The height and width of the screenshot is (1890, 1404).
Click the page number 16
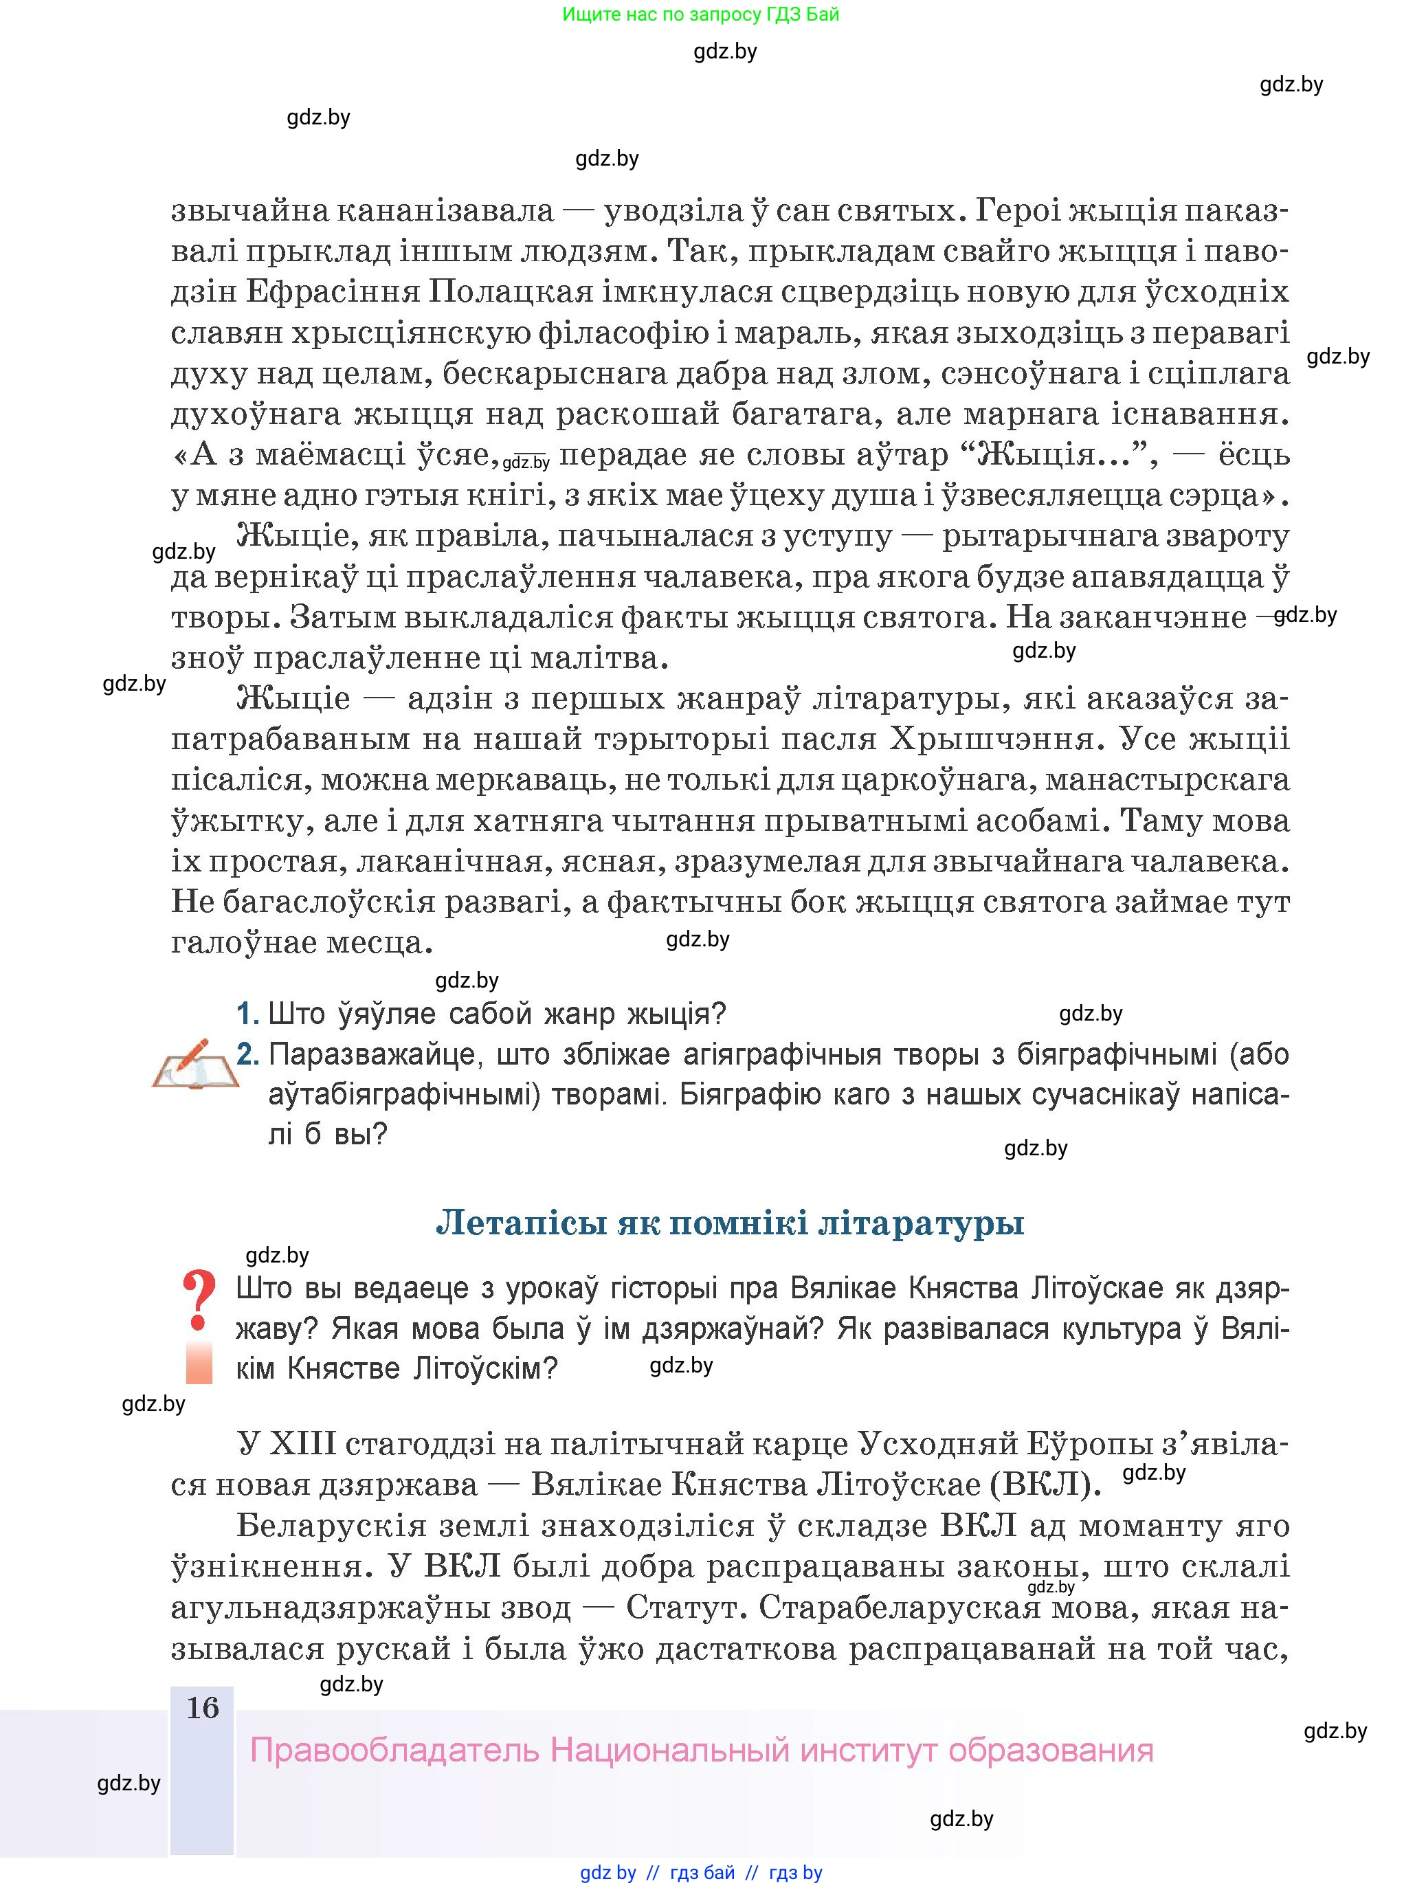(202, 1708)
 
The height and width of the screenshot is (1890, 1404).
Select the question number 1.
(247, 1014)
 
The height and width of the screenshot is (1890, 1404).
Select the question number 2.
(247, 1055)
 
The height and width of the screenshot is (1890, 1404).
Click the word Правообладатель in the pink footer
(394, 1751)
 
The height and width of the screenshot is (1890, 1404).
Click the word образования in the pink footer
(1051, 1751)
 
